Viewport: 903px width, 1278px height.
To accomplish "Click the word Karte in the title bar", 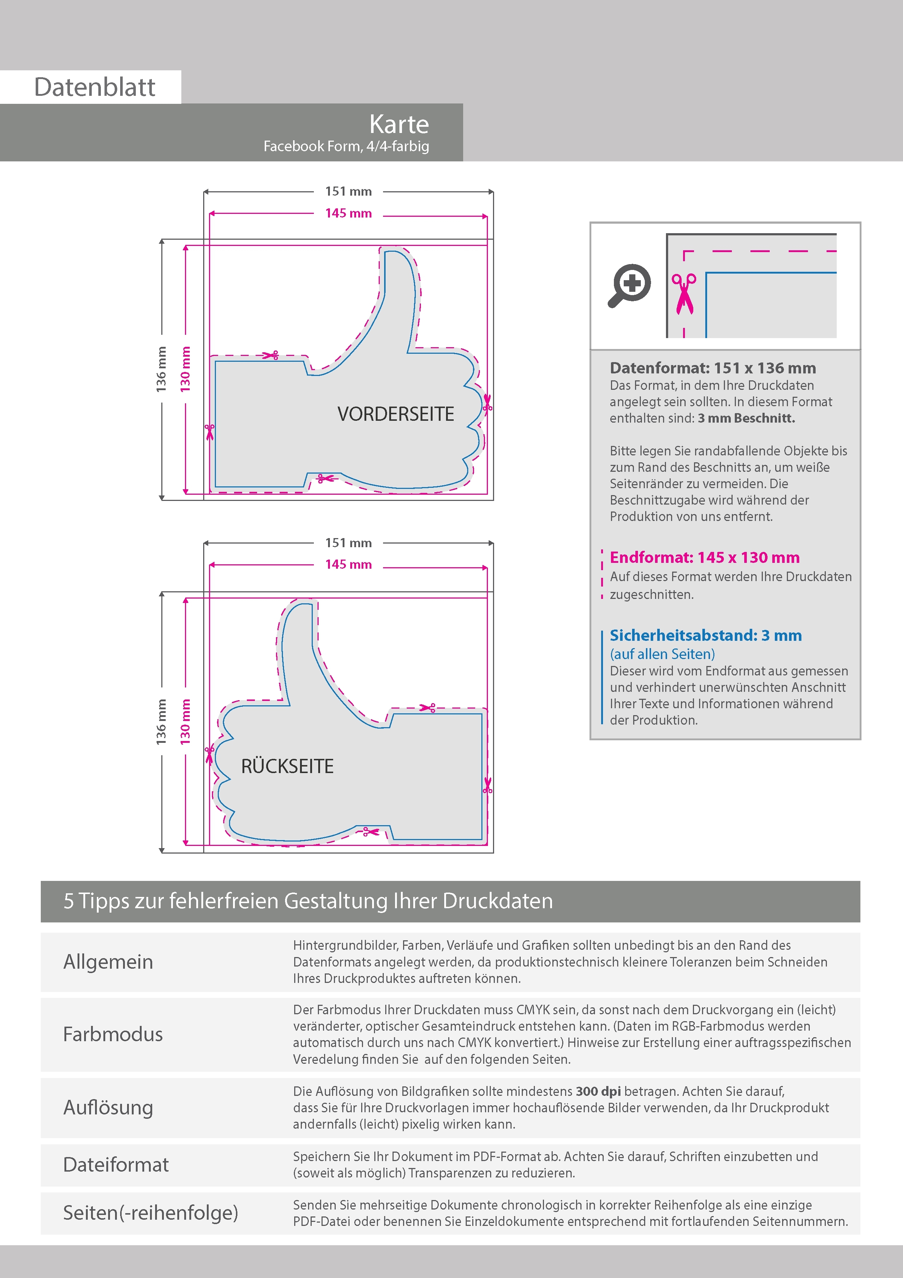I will coord(399,124).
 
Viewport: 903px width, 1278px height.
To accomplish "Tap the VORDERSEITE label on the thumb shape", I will coord(395,414).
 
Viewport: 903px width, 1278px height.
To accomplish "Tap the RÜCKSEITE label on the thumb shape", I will coord(287,767).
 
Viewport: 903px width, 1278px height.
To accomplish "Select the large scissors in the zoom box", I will coord(684,293).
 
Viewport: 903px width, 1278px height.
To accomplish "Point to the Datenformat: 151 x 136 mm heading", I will coord(713,368).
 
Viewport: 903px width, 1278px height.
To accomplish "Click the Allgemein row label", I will coord(108,962).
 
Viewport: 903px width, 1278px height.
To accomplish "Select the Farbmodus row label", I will coord(113,1034).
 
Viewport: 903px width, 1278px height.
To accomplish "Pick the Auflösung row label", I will coord(108,1107).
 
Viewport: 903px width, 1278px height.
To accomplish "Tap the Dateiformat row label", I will coord(116,1164).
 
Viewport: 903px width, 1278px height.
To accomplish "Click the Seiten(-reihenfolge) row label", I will coord(150,1212).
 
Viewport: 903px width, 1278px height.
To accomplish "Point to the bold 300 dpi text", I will coord(598,1091).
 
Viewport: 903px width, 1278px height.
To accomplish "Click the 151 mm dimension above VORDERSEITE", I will coord(348,192).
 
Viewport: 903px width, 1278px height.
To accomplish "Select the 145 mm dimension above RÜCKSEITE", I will coord(348,564).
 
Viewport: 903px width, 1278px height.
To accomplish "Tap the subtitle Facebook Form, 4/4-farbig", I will coord(346,146).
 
